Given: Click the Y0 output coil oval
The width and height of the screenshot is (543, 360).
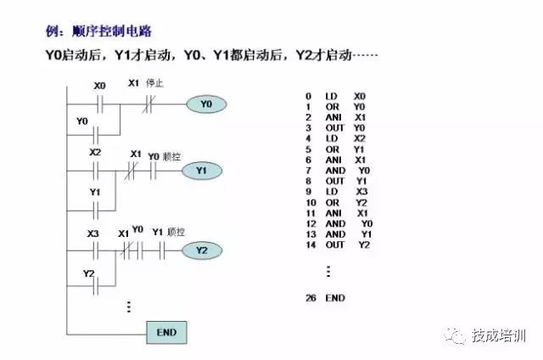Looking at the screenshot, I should click(206, 104).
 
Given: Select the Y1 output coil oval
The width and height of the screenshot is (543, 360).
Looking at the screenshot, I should click(201, 171).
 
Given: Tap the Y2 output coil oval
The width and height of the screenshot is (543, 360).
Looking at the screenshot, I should click(201, 250).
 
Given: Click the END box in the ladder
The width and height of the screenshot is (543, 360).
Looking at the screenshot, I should click(166, 332).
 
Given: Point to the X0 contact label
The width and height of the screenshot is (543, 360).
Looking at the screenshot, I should click(99, 85).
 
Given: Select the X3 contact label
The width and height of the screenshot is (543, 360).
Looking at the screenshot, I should click(93, 232).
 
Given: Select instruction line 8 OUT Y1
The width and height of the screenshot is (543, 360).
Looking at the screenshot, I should click(337, 181).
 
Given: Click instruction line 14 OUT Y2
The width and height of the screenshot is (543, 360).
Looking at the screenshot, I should click(339, 245).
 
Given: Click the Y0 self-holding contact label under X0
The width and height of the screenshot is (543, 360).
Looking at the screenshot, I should click(82, 121).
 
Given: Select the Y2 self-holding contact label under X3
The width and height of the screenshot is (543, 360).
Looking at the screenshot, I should click(88, 273).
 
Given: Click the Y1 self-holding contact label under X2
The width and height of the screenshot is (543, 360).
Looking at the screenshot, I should click(95, 193).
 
